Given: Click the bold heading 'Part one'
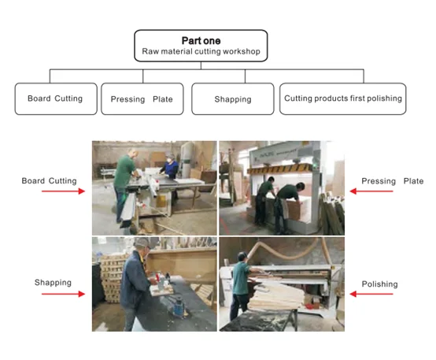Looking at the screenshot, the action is (x=201, y=41).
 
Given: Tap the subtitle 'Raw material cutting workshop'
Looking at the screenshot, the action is (x=201, y=51).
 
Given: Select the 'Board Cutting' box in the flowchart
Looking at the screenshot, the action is (x=56, y=98).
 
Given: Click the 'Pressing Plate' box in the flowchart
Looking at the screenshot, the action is (x=142, y=98).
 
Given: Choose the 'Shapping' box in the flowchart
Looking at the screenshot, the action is (x=233, y=98).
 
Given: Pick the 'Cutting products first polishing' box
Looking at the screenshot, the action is (x=342, y=98).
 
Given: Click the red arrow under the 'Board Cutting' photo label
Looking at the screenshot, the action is (x=64, y=191).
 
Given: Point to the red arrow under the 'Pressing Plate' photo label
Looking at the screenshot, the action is (x=371, y=191).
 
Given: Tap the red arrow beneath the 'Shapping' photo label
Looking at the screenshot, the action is (x=64, y=294).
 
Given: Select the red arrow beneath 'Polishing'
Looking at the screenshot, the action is (x=371, y=294).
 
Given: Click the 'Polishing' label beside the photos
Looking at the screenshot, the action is (x=379, y=284).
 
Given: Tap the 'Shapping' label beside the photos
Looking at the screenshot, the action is (x=53, y=283).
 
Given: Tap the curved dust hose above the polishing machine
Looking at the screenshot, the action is (x=289, y=251).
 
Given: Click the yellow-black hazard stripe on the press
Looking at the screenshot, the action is (x=281, y=169).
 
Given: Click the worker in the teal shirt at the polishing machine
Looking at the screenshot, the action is (x=242, y=285).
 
